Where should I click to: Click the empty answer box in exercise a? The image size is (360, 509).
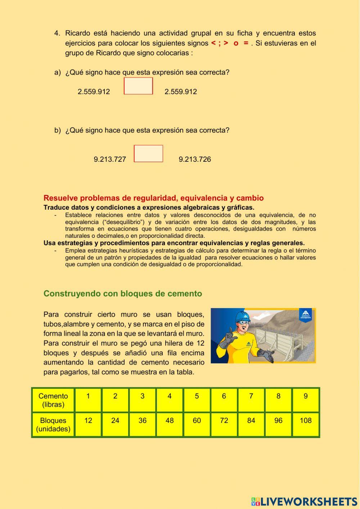click(138, 86)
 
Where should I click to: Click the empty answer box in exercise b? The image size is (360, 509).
click(148, 153)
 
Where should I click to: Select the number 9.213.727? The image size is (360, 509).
click(110, 159)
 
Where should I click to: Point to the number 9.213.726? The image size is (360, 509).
click(195, 159)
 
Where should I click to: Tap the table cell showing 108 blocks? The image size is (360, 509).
click(305, 424)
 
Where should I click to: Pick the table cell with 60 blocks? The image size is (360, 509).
click(197, 424)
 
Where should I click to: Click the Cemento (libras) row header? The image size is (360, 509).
click(53, 400)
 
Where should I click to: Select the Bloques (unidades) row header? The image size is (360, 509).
click(53, 424)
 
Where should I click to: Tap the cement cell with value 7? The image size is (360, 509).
click(251, 400)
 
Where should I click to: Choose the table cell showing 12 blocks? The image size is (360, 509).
click(88, 424)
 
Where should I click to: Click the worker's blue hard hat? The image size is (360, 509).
click(242, 317)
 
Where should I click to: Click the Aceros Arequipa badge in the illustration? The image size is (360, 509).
click(305, 315)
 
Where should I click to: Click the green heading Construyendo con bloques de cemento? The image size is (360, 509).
click(123, 294)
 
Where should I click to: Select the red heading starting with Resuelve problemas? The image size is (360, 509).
click(153, 198)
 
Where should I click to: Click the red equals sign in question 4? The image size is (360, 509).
click(246, 43)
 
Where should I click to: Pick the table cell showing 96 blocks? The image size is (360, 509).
click(278, 424)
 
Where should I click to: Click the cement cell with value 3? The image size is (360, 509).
click(142, 400)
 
